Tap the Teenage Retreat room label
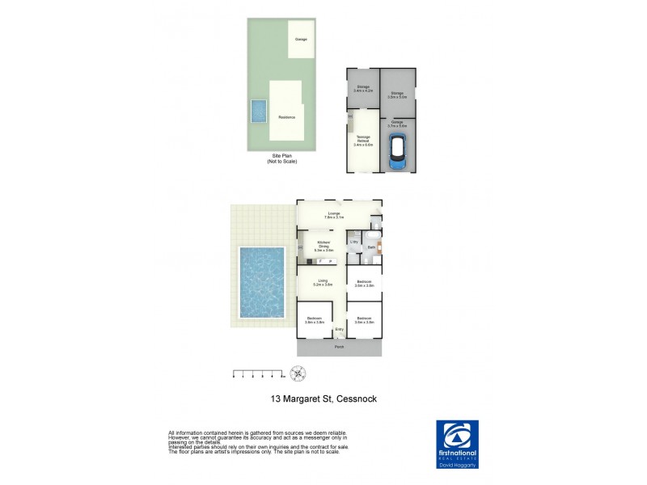click(x=363, y=141)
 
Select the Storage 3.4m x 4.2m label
click(x=362, y=88)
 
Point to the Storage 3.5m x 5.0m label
click(x=397, y=95)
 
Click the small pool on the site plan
click(x=259, y=109)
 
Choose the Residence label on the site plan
click(x=286, y=116)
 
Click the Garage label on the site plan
click(x=301, y=39)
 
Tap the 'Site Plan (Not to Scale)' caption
click(x=282, y=159)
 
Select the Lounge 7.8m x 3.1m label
click(x=335, y=216)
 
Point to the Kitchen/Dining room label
click(x=323, y=247)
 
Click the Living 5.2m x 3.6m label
click(x=322, y=283)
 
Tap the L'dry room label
click(x=354, y=241)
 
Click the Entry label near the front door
click(x=340, y=329)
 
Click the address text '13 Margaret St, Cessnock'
click(x=323, y=399)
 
